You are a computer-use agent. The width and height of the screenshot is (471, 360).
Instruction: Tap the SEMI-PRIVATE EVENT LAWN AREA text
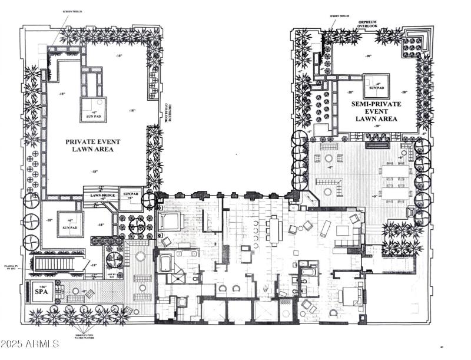pyautogui.click(x=374, y=111)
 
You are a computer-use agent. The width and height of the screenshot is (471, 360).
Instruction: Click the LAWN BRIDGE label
pyautogui.click(x=101, y=196)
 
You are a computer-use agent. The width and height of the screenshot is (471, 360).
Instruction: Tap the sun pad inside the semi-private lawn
pyautogui.click(x=376, y=85)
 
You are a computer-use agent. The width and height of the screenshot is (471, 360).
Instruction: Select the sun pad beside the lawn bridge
pyautogui.click(x=131, y=196)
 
